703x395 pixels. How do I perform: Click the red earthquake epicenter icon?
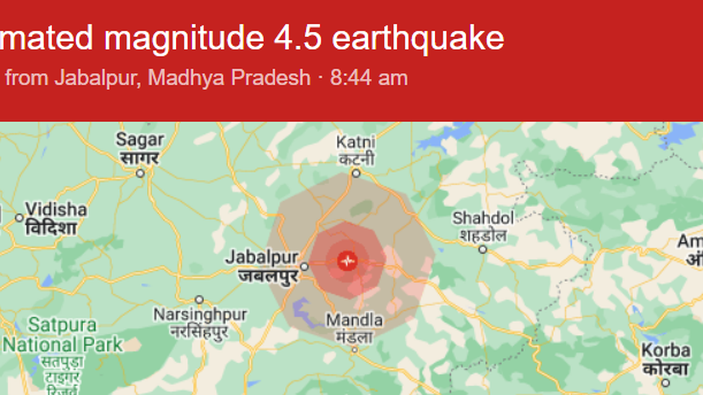pos(348,261)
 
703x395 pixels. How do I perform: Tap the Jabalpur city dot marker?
pos(305,266)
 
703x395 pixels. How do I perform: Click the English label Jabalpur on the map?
pos(262,257)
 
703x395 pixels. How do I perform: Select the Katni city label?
pos(356,142)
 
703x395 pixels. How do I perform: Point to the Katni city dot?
pos(356,173)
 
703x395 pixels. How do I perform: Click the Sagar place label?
pos(140,140)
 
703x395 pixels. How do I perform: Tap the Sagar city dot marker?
pos(140,173)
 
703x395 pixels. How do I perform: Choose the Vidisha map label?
pos(56,209)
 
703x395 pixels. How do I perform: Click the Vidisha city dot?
pos(19,218)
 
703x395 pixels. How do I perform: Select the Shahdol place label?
pos(483,218)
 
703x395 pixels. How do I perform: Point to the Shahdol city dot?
pos(483,249)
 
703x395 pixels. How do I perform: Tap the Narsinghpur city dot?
pos(199,299)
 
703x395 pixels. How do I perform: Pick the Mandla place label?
pos(354,321)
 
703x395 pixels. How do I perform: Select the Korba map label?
pos(666,351)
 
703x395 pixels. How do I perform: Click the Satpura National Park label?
pos(63,334)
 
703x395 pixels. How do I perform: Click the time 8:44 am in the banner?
pos(369,78)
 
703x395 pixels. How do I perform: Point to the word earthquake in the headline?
pos(418,38)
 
